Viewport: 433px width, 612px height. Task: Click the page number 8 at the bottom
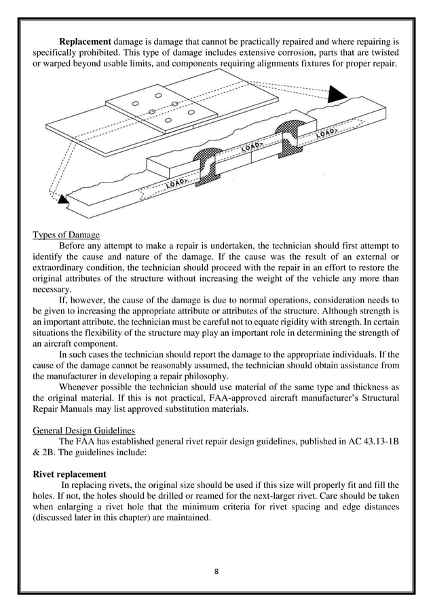[x=216, y=570]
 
